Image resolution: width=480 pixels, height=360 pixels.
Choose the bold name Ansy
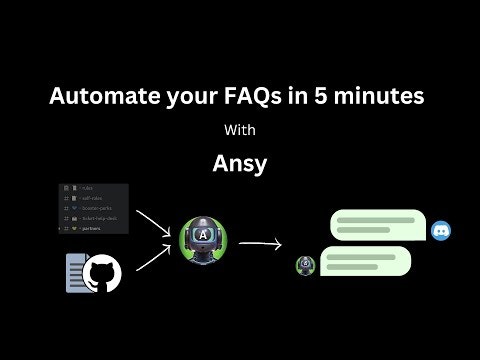240,162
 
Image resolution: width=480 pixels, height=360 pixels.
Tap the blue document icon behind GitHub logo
77,273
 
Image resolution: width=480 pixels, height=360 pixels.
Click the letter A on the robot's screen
203,236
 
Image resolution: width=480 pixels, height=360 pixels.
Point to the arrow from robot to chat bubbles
259,241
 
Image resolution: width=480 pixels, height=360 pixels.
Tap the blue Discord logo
441,232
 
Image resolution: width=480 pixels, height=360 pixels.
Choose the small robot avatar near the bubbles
306,265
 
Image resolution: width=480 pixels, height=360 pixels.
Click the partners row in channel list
95,227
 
